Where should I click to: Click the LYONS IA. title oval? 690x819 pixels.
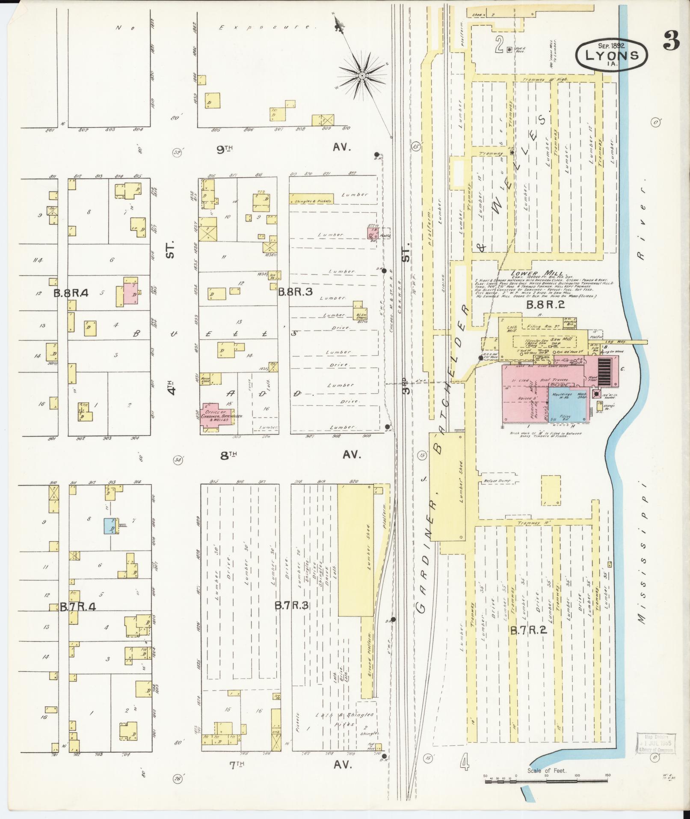(x=612, y=54)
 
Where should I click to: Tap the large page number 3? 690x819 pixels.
(x=672, y=42)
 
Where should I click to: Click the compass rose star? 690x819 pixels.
(x=362, y=75)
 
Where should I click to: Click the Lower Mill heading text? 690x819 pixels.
(x=538, y=273)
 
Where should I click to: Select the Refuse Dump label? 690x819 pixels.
(x=495, y=481)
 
